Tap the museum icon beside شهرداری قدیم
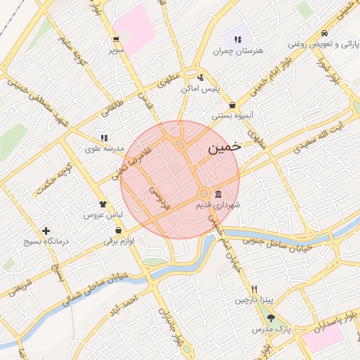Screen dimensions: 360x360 pyautogui.click(x=219, y=194)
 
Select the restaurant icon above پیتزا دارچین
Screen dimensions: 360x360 pyautogui.click(x=254, y=290)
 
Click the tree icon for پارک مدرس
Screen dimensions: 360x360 pyautogui.click(x=271, y=318)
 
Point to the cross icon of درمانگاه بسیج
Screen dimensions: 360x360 pyautogui.click(x=46, y=231)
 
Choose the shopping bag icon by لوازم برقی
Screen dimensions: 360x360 pyautogui.click(x=117, y=230)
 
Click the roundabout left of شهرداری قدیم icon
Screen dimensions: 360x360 pyautogui.click(x=203, y=193)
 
